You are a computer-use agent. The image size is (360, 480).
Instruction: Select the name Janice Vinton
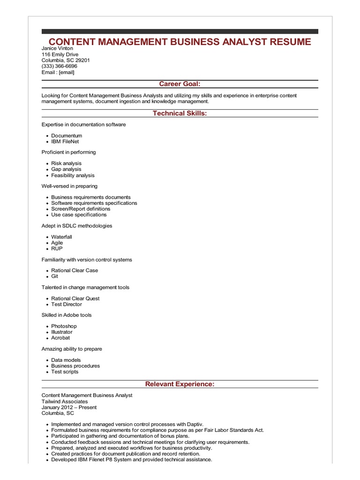tap(57, 48)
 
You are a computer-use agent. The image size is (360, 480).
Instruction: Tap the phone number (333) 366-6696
tap(59, 66)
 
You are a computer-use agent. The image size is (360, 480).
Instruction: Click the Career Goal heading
tap(180, 84)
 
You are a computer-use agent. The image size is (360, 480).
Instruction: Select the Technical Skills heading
tap(180, 113)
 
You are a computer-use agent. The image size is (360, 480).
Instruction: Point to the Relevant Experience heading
tap(180, 384)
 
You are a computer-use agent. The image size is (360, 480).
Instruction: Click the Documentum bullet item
tap(67, 135)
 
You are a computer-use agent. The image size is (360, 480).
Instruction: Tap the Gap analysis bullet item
tap(66, 169)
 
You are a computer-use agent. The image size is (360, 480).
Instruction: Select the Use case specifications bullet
tap(79, 215)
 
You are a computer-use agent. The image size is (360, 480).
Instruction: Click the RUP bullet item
tap(57, 248)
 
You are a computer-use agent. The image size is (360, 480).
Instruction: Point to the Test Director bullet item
tap(67, 304)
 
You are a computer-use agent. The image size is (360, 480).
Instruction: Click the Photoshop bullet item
tap(64, 326)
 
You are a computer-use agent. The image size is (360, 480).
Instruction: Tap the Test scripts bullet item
tap(65, 372)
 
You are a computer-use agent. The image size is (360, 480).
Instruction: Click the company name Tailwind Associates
tap(65, 402)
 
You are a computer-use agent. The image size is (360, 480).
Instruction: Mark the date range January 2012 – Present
tap(69, 407)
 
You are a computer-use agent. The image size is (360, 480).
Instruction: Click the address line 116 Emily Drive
tap(60, 54)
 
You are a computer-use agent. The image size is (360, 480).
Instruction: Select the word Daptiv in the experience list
tap(195, 424)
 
